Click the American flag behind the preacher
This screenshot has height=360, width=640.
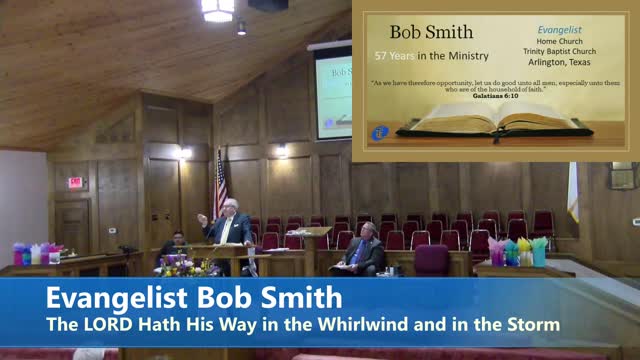(221, 184)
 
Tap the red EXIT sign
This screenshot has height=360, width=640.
(74, 182)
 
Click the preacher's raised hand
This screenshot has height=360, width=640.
(201, 218)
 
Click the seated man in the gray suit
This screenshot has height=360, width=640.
(364, 251)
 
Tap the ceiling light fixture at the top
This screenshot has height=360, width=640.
(218, 9)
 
